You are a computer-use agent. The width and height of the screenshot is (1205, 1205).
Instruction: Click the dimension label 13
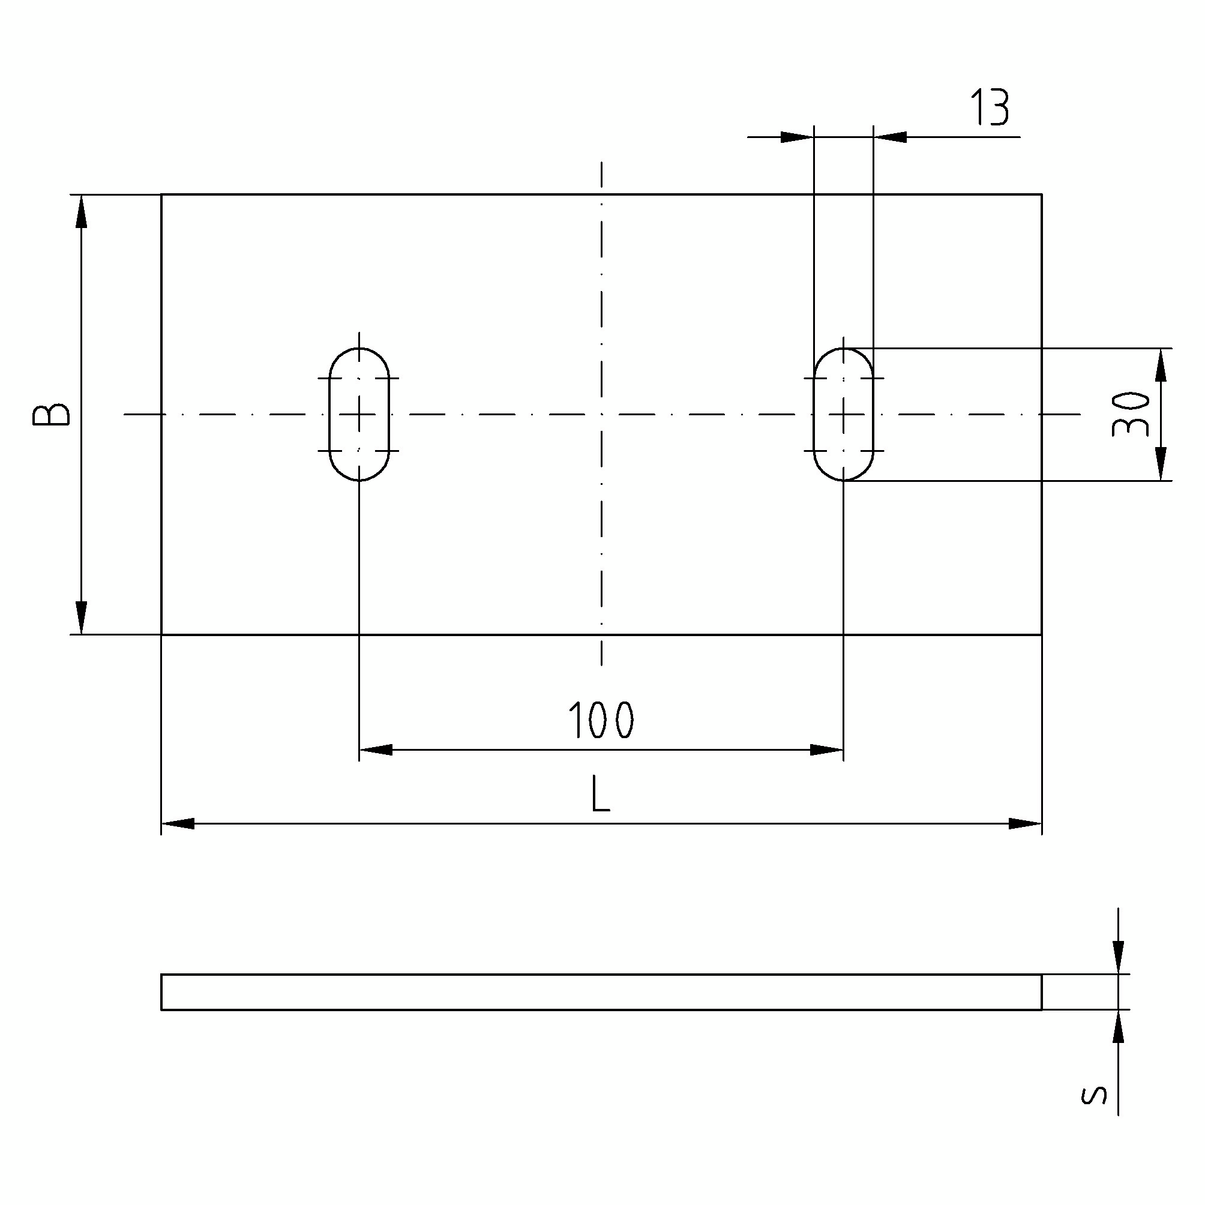pos(990,108)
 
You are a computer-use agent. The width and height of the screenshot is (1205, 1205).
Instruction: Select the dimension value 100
pos(601,720)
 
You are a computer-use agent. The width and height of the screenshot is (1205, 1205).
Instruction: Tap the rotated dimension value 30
pos(1131,414)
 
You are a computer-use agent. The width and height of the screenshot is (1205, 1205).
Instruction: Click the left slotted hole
pos(359,414)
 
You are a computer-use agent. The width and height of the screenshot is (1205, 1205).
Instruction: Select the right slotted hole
pos(843,414)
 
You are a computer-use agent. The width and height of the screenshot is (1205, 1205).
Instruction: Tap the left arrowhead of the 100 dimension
pos(376,750)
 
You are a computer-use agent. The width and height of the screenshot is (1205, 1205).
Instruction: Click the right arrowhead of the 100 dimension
pos(827,750)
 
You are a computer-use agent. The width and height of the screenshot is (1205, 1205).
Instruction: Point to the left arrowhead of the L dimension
pos(178,823)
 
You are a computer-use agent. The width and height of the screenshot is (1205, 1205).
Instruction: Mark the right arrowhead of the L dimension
pos(1026,823)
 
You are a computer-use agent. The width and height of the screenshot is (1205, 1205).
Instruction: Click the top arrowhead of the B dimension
pos(81,211)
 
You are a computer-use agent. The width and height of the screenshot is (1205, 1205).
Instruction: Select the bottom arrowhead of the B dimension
pos(81,618)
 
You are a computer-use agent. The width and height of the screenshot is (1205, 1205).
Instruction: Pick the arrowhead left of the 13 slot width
pos(797,137)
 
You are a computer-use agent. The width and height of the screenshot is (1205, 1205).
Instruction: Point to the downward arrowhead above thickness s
pos(1119,957)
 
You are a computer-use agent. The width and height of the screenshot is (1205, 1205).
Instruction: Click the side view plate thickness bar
pos(601,992)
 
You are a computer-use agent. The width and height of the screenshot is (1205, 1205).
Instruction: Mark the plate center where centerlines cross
pos(601,414)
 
